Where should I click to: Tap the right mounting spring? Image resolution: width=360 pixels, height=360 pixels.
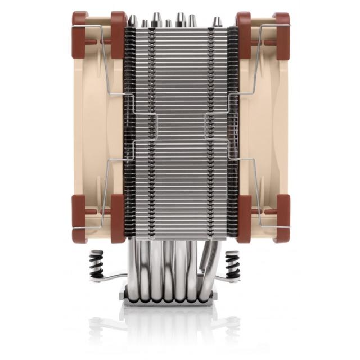pos(232,264)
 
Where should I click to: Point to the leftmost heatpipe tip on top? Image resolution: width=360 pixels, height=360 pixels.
pos(133,21)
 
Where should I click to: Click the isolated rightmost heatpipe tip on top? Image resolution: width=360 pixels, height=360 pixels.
pos(217,22)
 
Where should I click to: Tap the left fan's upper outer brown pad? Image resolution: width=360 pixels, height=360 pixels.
pos(79,34)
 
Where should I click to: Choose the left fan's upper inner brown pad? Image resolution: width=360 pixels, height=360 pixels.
pos(118,34)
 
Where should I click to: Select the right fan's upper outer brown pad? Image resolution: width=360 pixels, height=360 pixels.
pos(282,34)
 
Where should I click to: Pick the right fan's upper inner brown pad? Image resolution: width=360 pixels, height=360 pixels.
pos(244,34)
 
